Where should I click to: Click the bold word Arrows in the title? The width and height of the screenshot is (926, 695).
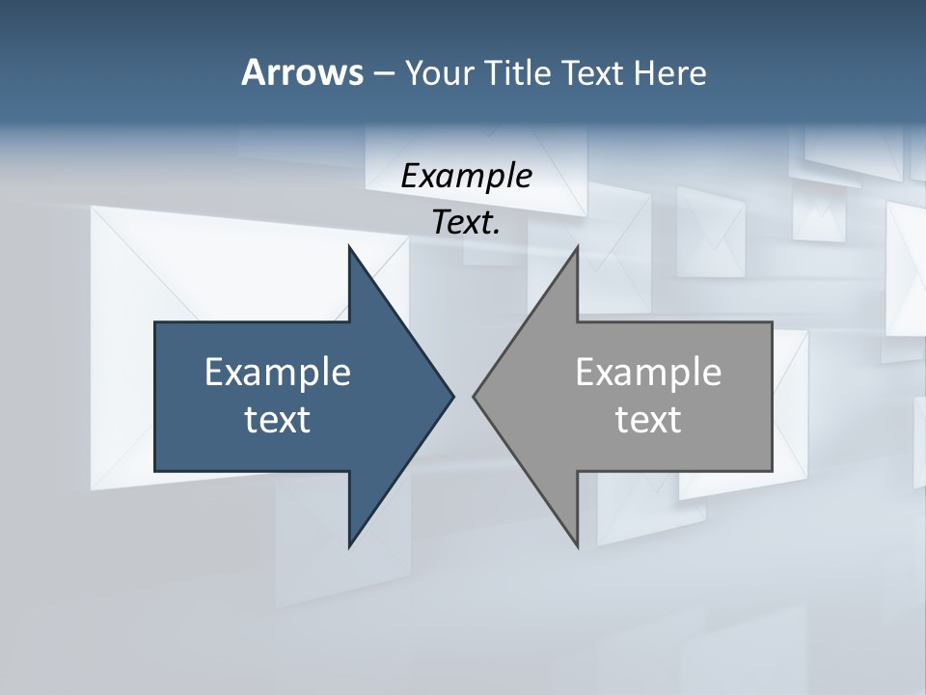pyautogui.click(x=301, y=72)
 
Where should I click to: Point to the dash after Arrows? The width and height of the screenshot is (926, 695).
pyautogui.click(x=382, y=73)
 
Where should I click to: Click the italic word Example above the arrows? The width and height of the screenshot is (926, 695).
pyautogui.click(x=466, y=176)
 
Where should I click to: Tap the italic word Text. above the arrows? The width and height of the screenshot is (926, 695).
pyautogui.click(x=466, y=222)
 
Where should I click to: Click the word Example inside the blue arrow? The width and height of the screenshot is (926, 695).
pyautogui.click(x=278, y=372)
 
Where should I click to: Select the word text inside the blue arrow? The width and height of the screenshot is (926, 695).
pyautogui.click(x=278, y=420)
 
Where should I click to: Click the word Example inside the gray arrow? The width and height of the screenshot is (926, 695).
pyautogui.click(x=648, y=372)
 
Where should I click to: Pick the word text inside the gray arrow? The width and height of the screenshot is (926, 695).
pyautogui.click(x=648, y=420)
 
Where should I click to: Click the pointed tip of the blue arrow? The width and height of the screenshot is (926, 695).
pyautogui.click(x=453, y=396)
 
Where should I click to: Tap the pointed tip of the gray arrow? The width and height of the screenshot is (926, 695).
pyautogui.click(x=474, y=396)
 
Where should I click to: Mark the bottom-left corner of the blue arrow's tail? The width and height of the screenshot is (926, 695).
pyautogui.click(x=155, y=470)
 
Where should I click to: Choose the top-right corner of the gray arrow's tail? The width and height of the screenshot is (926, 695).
pyautogui.click(x=772, y=322)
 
